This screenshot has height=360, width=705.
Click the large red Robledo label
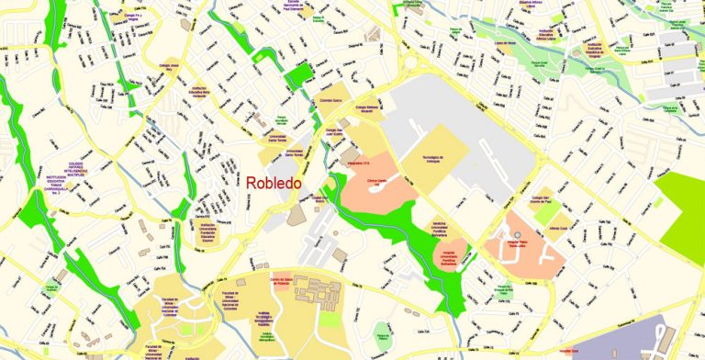(273, 183)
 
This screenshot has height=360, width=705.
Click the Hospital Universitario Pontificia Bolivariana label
(445, 260)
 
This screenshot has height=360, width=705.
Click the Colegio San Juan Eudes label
(334, 134)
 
